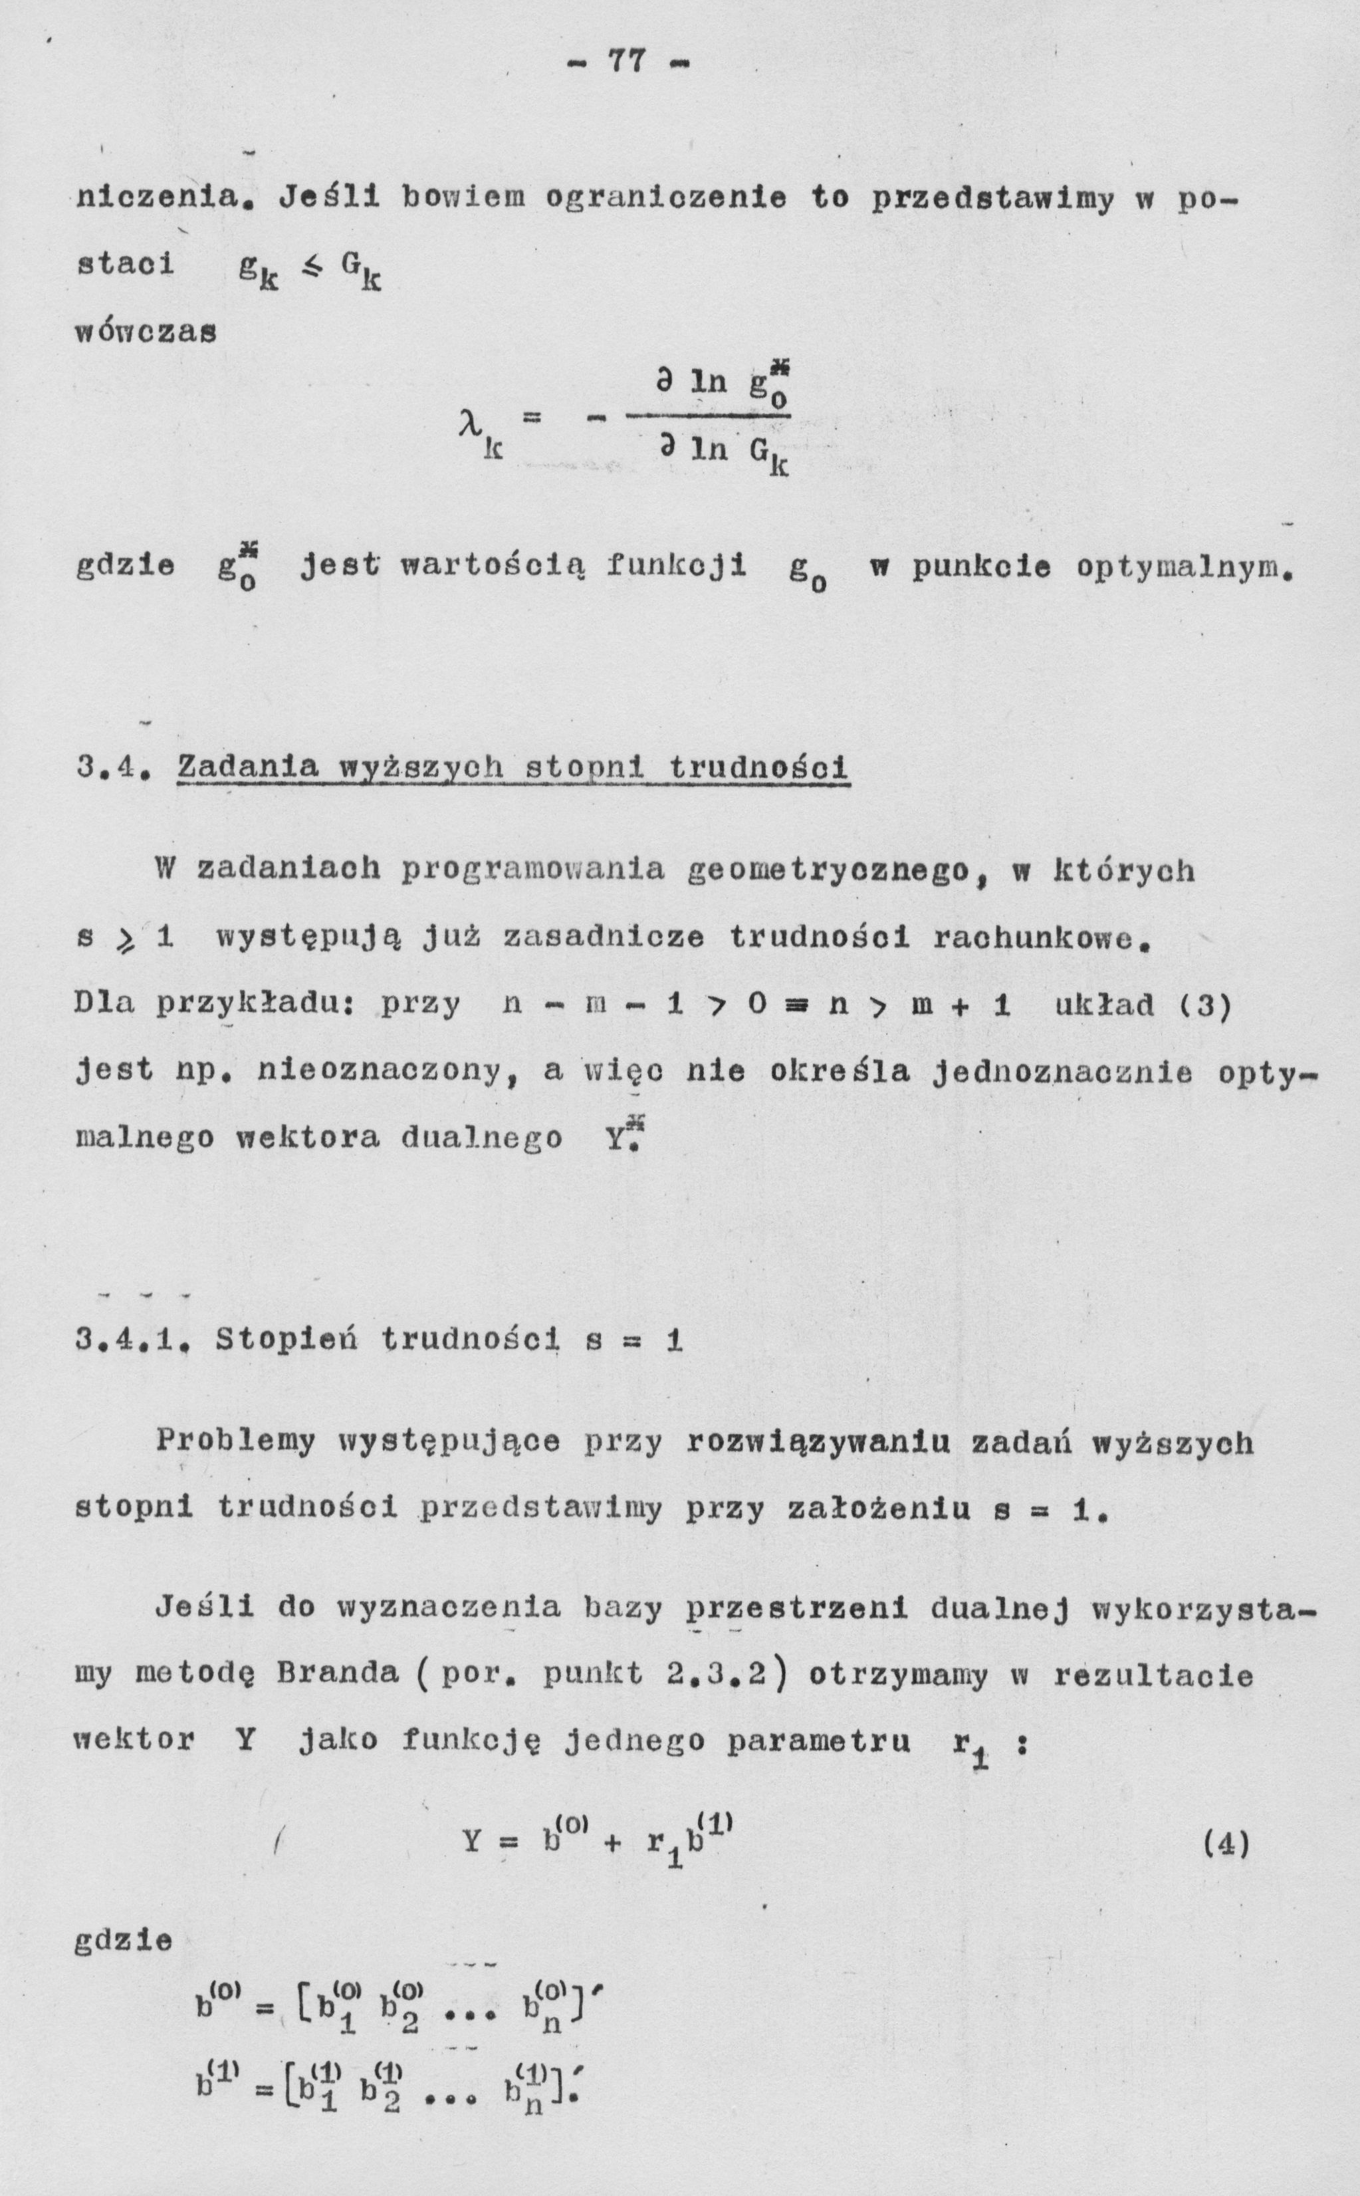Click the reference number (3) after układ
pos(1206,1005)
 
